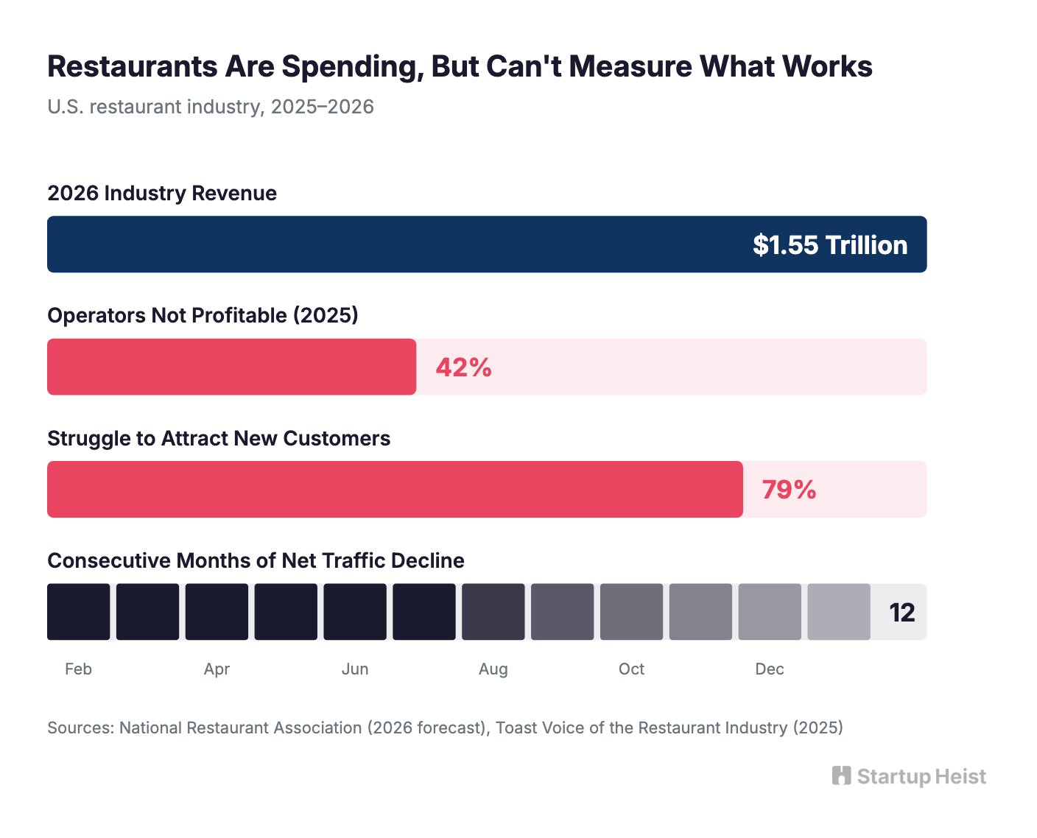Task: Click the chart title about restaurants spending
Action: pos(460,66)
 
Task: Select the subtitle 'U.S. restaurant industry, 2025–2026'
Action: pos(211,107)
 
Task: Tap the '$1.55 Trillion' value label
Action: pos(829,245)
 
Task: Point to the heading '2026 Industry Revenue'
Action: pos(162,193)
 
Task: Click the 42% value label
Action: pos(463,367)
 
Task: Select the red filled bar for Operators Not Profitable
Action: pos(231,367)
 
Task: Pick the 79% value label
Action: pos(788,490)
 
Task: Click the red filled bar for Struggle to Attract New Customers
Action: pos(395,490)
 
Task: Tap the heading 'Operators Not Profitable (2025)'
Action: pos(203,315)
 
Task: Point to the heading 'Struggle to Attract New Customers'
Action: pos(219,438)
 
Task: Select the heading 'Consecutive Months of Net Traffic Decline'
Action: pos(256,560)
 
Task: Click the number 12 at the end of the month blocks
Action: pos(901,613)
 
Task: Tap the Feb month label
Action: pos(78,669)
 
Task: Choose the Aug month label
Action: pos(493,669)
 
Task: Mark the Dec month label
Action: pos(769,669)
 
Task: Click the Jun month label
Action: pos(355,669)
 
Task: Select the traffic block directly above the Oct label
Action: pos(631,612)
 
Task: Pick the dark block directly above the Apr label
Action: pos(217,612)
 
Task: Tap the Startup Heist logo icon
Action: pos(841,776)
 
